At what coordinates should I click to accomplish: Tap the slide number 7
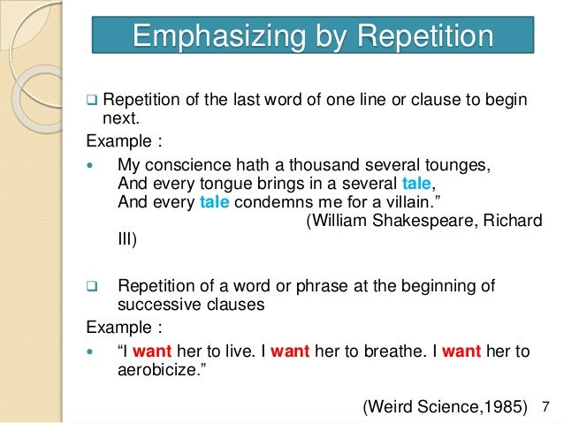(x=544, y=406)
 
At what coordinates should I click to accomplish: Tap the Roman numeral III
(x=127, y=238)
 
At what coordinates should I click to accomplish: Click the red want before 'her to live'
(x=151, y=351)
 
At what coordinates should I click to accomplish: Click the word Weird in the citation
(x=392, y=406)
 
